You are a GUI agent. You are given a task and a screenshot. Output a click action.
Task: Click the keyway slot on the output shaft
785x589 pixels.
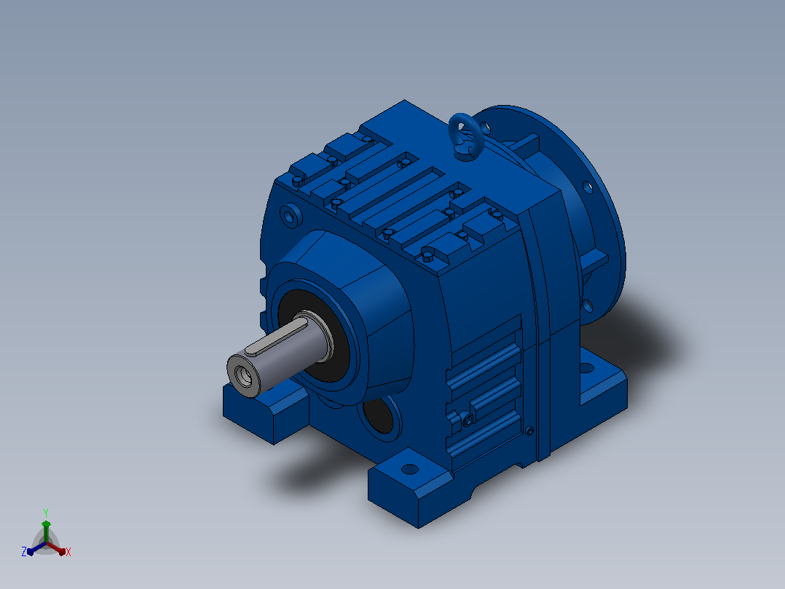pyautogui.click(x=277, y=338)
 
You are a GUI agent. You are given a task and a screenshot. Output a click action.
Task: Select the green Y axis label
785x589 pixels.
pyautogui.click(x=46, y=513)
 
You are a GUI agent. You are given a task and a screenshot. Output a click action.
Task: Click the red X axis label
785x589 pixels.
pyautogui.click(x=68, y=552)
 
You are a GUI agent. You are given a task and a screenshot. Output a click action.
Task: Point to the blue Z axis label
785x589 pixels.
pyautogui.click(x=23, y=552)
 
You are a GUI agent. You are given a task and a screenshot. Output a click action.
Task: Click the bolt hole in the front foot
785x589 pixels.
pyautogui.click(x=410, y=469)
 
